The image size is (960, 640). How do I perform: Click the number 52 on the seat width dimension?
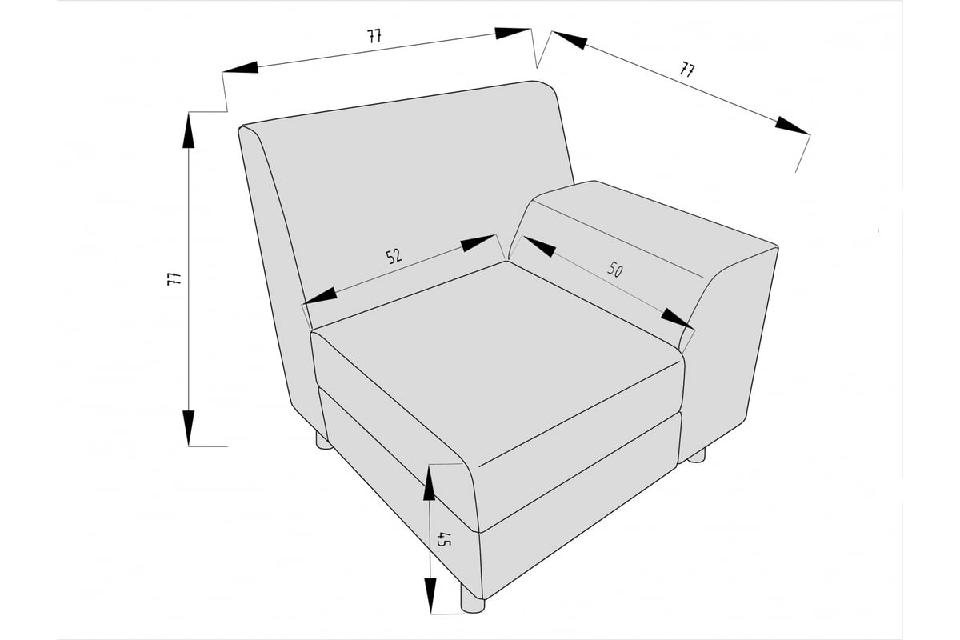pos(394,256)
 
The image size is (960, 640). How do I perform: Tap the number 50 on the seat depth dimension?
pos(614,270)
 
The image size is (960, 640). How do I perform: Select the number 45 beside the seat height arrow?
pos(444,539)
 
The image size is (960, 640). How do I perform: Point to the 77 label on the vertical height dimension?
pos(174,278)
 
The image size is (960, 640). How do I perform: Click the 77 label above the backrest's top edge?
pos(374,36)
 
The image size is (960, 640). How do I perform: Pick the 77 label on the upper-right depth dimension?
pos(687,69)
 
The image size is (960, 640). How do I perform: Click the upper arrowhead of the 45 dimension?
pos(429,483)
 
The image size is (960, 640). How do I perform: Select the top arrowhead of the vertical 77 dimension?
pos(189,130)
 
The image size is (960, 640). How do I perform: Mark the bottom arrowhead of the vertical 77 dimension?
pos(189,428)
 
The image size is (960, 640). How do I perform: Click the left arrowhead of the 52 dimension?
pos(320,297)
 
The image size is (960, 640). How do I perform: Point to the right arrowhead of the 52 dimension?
pos(478,243)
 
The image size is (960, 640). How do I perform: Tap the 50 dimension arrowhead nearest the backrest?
pos(538,246)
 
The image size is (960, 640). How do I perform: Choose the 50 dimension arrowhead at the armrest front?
pos(678,318)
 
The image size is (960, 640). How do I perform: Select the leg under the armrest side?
pos(696,456)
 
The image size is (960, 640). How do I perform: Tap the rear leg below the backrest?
pos(323,441)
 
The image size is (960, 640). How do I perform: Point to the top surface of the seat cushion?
pos(497,360)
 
